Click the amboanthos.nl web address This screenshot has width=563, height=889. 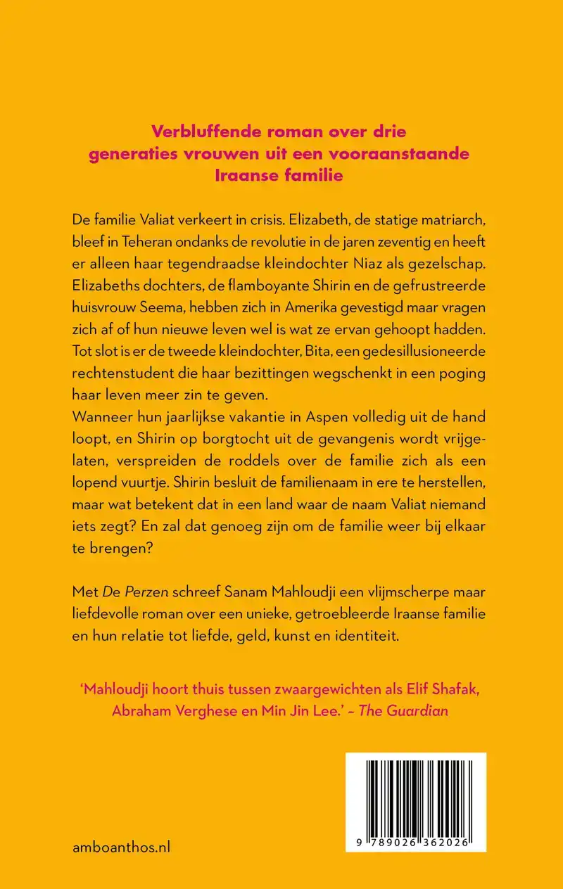[x=121, y=846]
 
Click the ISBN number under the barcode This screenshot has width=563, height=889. [x=417, y=844]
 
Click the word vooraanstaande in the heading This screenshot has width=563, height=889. [x=399, y=153]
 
